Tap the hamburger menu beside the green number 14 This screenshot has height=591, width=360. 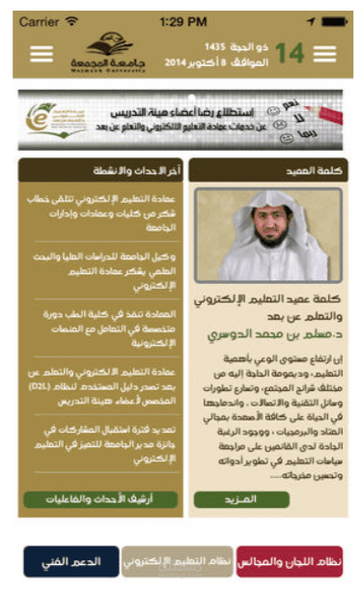pyautogui.click(x=324, y=54)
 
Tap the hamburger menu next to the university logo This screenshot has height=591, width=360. pyautogui.click(x=42, y=54)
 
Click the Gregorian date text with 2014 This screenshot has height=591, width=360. pyautogui.click(x=211, y=63)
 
